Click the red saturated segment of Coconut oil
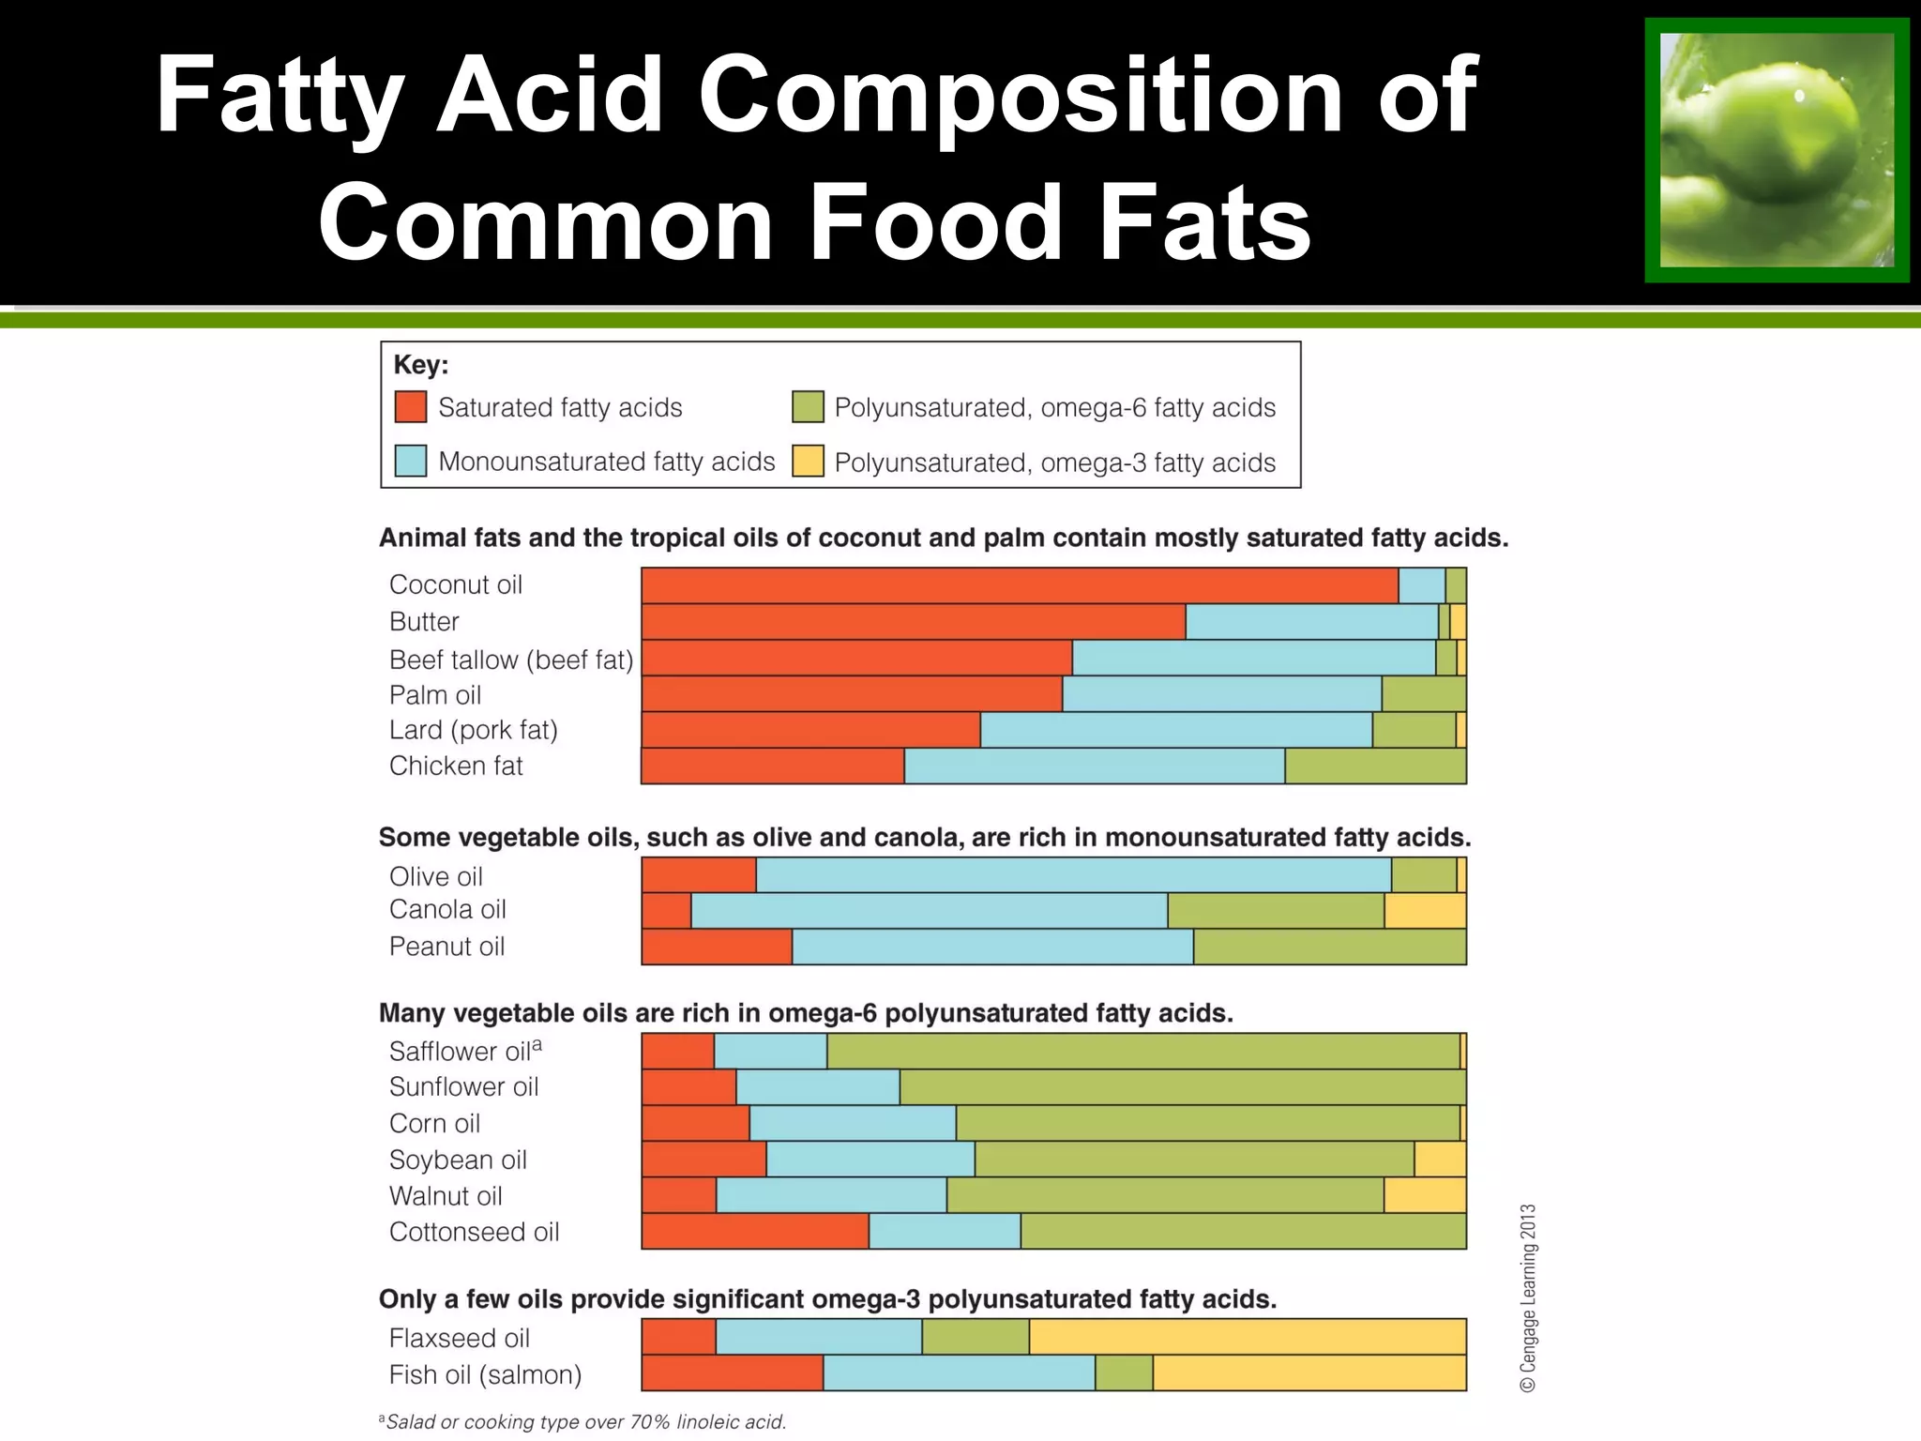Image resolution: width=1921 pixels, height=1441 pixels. pyautogui.click(x=1020, y=585)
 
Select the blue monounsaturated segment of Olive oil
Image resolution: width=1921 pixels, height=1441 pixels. pyautogui.click(x=1073, y=875)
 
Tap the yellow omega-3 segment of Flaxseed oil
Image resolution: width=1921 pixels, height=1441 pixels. pyautogui.click(x=1248, y=1337)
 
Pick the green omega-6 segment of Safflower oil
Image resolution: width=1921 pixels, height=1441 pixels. pyautogui.click(x=1142, y=1051)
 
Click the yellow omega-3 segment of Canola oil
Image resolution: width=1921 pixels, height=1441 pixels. pyautogui.click(x=1425, y=911)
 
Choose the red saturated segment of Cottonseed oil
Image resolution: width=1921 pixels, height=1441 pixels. pyautogui.click(x=755, y=1232)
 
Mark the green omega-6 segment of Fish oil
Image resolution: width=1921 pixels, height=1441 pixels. pyautogui.click(x=1124, y=1373)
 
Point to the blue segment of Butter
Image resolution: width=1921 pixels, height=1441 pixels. pyautogui.click(x=1311, y=622)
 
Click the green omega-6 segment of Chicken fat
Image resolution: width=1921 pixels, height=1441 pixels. pyautogui.click(x=1375, y=766)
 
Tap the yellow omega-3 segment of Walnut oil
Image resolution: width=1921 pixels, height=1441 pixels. pyautogui.click(x=1425, y=1195)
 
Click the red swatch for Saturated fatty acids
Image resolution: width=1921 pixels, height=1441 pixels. pyautogui.click(x=411, y=407)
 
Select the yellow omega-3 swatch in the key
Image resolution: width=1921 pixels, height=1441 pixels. pyautogui.click(x=808, y=462)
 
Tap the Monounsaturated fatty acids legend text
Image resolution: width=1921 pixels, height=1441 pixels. pyautogui.click(x=606, y=462)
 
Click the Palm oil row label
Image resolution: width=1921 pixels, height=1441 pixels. pyautogui.click(x=435, y=695)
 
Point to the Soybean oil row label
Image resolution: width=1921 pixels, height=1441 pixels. pyautogui.click(x=458, y=1160)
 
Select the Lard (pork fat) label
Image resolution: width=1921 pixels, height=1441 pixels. pyautogui.click(x=473, y=730)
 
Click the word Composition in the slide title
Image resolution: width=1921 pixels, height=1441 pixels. pyautogui.click(x=1021, y=94)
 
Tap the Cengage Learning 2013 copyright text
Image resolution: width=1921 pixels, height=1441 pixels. pyautogui.click(x=1528, y=1298)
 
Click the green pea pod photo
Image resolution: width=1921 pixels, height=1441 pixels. pyautogui.click(x=1777, y=150)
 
